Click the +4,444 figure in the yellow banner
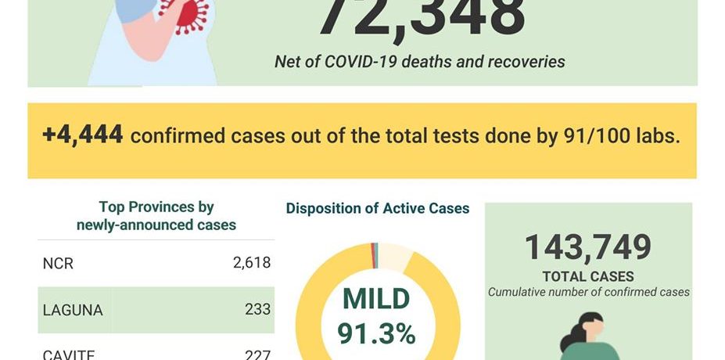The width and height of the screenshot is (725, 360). [83, 135]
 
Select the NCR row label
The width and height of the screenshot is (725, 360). [58, 264]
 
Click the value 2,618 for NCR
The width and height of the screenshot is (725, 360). [251, 263]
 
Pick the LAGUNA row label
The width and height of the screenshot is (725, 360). [73, 310]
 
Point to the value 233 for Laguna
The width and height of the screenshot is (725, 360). [257, 309]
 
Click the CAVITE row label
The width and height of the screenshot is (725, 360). [69, 354]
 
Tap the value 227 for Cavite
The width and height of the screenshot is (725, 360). [257, 354]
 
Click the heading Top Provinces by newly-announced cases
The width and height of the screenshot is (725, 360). [156, 216]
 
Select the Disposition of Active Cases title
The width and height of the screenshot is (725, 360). [377, 208]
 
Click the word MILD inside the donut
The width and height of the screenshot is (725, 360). [376, 299]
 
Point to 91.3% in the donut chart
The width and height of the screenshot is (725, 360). [376, 334]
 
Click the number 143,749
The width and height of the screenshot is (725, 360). [587, 248]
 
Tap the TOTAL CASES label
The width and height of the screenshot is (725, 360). [588, 276]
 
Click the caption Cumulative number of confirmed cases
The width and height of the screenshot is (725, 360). [588, 292]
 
